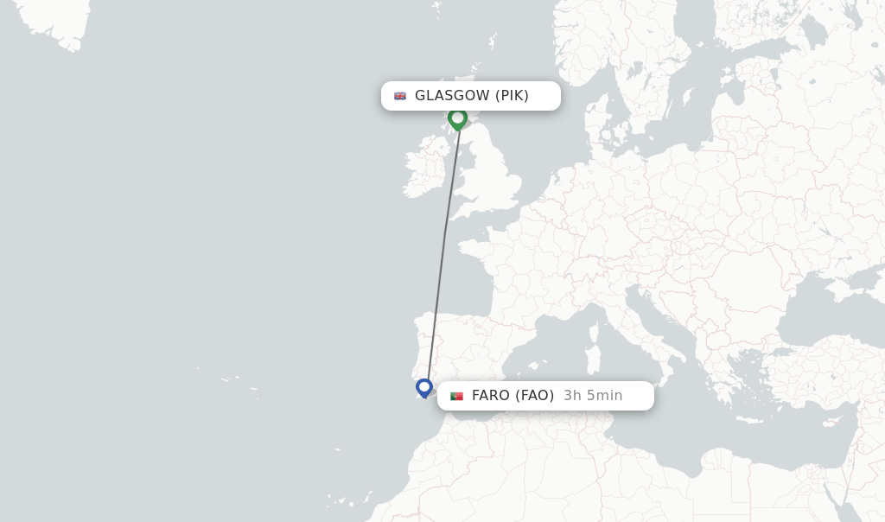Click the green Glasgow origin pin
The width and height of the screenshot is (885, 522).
457,118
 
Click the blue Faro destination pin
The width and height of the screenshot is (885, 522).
423,387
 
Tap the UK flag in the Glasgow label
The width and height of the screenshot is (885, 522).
400,96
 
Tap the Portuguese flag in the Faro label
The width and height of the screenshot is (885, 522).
456,396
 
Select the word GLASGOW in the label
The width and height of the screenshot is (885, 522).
452,96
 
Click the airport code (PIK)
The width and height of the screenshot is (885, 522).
512,96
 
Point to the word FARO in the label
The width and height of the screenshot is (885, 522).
491,396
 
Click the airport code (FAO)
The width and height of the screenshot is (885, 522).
535,396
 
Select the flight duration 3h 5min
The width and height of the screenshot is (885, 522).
593,396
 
